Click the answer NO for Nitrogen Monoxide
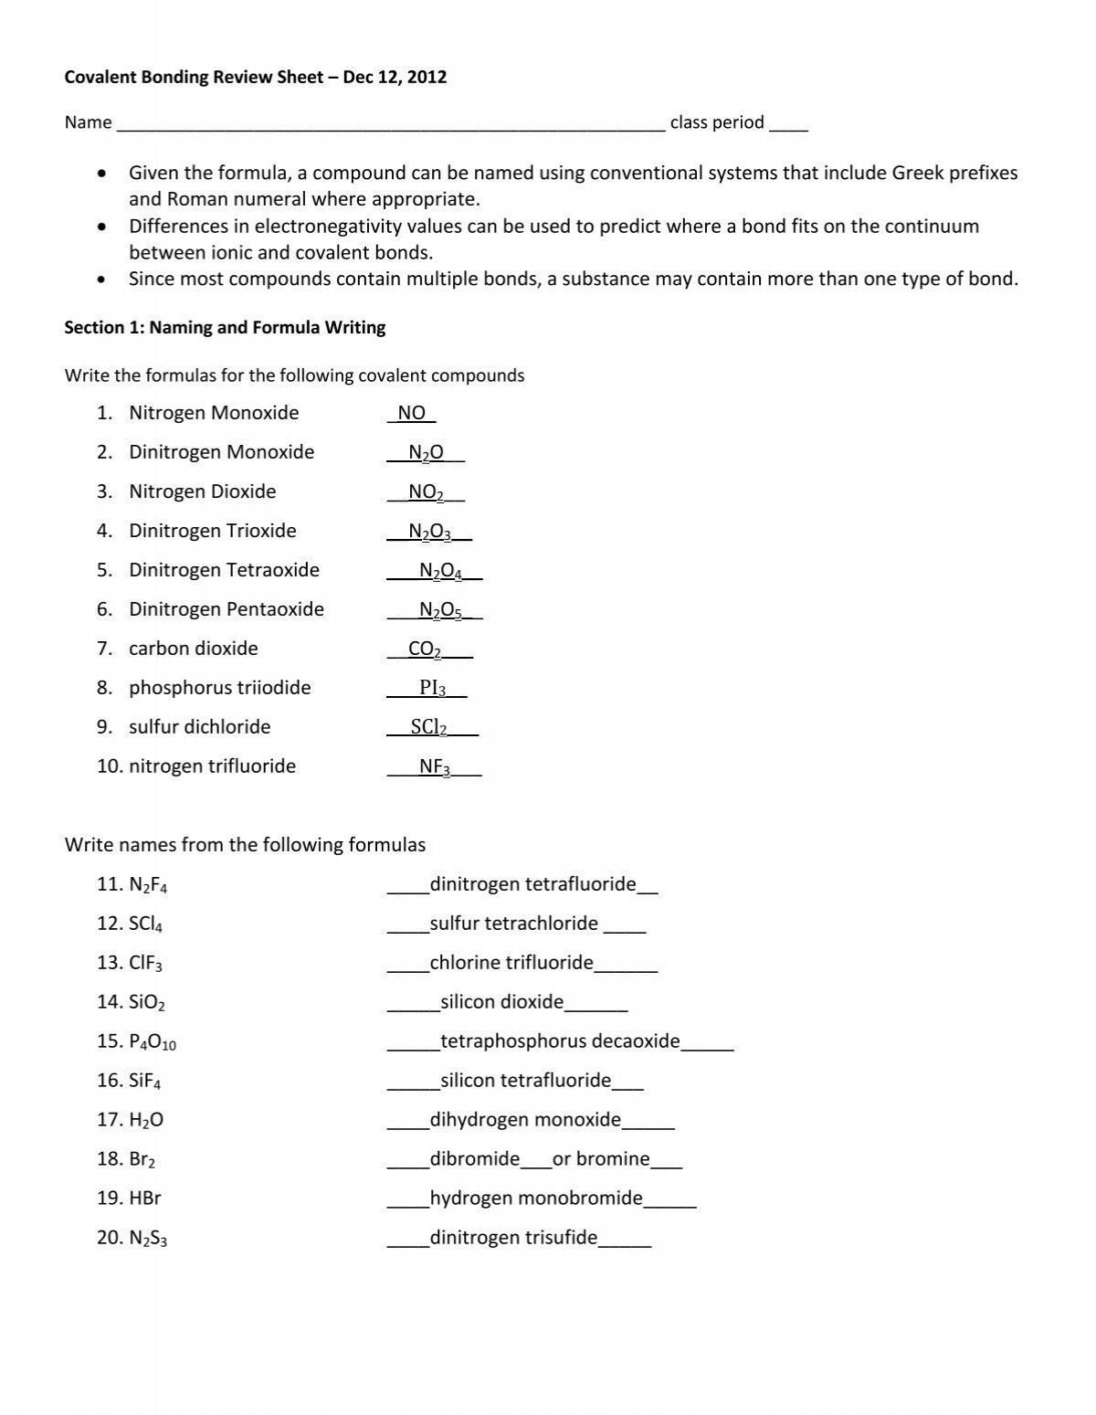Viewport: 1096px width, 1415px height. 412,413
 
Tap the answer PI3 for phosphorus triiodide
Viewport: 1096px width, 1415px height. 432,688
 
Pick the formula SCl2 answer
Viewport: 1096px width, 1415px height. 428,727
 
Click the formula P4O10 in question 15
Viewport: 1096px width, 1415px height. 153,1042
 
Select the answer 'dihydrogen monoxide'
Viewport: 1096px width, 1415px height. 525,1120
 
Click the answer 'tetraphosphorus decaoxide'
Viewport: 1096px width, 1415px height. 560,1041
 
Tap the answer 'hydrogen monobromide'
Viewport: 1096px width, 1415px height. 536,1199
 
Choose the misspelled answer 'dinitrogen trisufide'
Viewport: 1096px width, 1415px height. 513,1238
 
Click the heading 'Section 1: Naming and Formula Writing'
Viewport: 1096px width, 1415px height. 225,328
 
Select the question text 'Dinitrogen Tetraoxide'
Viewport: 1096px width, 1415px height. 224,570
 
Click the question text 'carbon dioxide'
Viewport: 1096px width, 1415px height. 193,649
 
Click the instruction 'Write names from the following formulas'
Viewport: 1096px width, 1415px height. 245,845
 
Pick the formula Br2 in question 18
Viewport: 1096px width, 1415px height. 142,1159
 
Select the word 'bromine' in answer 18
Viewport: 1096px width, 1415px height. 613,1159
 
